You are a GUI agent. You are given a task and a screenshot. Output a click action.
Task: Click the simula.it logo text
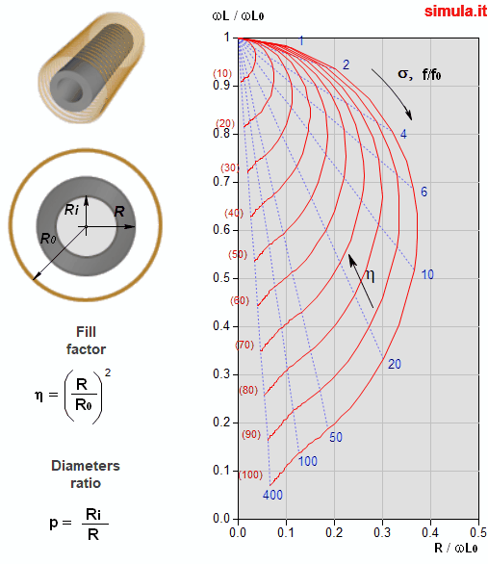pos(455,12)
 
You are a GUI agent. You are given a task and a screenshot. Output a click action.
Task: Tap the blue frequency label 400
pos(272,495)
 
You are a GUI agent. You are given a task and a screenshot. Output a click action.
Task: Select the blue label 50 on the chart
pos(336,437)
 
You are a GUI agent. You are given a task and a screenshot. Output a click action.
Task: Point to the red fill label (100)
pos(250,474)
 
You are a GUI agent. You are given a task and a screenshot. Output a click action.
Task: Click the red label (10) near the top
pos(222,73)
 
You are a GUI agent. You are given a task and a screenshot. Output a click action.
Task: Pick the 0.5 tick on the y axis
pos(221,278)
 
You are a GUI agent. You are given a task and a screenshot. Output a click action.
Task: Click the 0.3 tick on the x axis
pos(382,532)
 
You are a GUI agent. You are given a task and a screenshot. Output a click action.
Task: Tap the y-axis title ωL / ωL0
pos(238,15)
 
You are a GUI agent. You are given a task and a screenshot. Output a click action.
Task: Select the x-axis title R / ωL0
pos(456,549)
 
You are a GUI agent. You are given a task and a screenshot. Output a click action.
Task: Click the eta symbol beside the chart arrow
pos(370,275)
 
